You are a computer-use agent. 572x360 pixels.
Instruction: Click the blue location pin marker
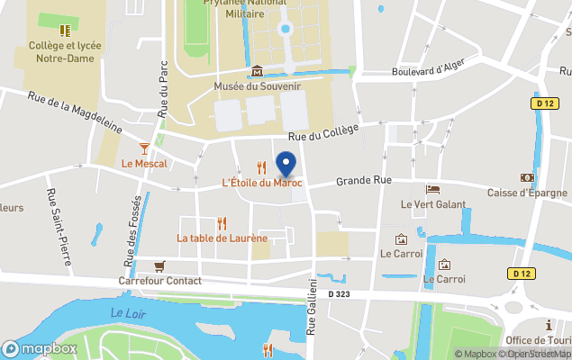click(286, 166)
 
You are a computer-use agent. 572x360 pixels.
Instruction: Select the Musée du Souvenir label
click(257, 86)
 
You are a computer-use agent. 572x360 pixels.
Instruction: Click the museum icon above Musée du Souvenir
click(257, 71)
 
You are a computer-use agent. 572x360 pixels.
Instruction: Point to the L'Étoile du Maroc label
click(261, 183)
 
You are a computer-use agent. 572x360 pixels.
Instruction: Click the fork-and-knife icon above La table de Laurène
click(222, 222)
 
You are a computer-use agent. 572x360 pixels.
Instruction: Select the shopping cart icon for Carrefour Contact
click(159, 265)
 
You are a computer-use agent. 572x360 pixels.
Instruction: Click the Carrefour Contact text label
click(159, 281)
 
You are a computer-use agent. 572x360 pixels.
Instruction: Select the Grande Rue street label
click(364, 181)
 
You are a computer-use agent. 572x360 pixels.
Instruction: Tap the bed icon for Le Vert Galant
click(433, 189)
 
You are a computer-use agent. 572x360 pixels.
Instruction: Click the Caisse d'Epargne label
click(527, 193)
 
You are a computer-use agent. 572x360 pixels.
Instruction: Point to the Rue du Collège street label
click(322, 132)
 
